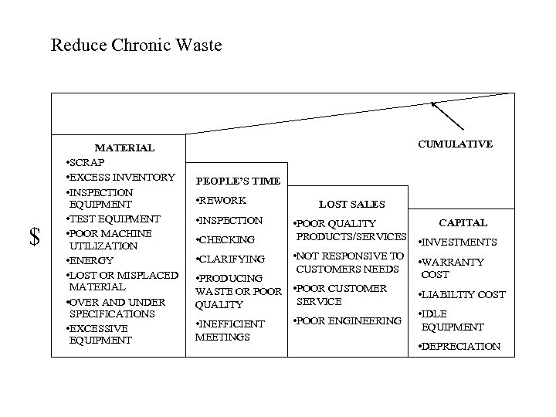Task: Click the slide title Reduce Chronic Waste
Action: tap(136, 46)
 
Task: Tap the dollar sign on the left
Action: tap(35, 237)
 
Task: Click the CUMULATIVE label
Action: tap(455, 144)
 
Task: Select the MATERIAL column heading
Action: tap(124, 147)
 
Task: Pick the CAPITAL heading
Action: tap(463, 223)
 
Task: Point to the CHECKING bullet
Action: tap(225, 240)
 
